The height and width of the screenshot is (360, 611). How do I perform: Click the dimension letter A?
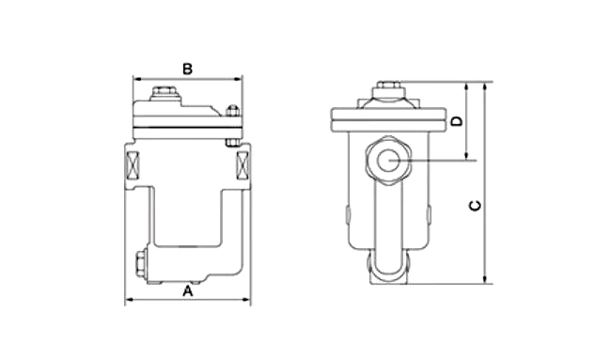(x=188, y=291)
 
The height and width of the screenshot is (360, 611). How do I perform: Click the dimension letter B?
(x=187, y=69)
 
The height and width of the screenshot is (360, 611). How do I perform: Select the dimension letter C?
(x=475, y=206)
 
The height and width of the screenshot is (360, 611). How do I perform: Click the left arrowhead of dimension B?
(x=137, y=79)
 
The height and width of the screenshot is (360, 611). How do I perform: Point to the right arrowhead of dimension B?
(x=238, y=79)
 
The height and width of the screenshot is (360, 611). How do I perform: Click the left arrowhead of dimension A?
(x=129, y=300)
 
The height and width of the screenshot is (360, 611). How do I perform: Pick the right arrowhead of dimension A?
(x=246, y=300)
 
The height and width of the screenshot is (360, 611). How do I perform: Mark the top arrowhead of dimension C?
(x=485, y=86)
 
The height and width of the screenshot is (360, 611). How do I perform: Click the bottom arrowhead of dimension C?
(x=485, y=279)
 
